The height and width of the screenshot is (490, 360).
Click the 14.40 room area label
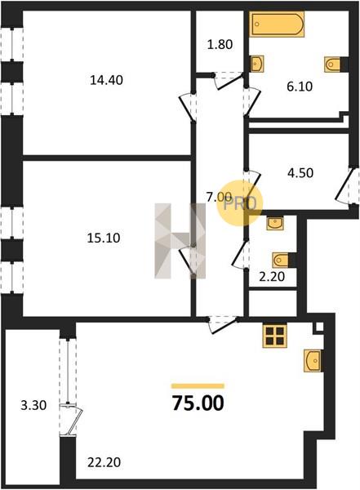pos(106,80)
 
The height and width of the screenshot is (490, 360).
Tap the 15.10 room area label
pos(104,238)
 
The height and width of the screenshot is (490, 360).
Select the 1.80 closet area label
pos(220,44)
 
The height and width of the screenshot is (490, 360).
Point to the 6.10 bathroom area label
pos(300,87)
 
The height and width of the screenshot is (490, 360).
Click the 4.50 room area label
pos(300,172)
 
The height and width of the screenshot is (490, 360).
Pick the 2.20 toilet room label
pos(272,276)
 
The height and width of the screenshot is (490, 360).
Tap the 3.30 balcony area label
pos(33,405)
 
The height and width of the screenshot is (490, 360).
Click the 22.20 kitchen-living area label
pos(104,462)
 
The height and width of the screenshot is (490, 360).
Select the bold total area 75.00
pos(198,403)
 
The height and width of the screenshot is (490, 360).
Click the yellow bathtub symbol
pos(277,24)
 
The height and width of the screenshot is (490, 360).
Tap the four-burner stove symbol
pos(274,336)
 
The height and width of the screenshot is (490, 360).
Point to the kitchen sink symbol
pos(313,361)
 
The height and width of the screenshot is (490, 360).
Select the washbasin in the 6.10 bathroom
pos(256,64)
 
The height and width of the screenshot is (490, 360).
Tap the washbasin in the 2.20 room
pos(275,223)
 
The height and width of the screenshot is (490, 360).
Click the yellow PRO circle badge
pos(240,203)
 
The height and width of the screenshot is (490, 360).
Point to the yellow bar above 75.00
pos(198,386)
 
